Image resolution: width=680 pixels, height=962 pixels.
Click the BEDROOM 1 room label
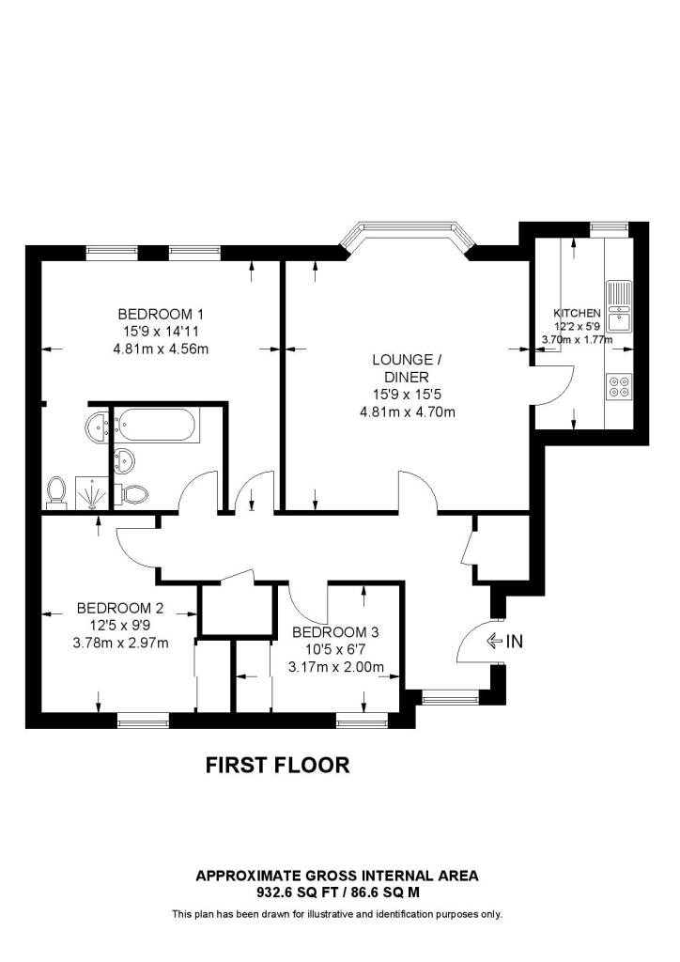pos(161,314)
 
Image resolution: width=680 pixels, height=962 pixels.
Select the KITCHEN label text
pos(576,313)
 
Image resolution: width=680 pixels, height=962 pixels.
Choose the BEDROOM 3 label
pos(335,632)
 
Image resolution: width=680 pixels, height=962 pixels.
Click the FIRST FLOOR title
pos(277,766)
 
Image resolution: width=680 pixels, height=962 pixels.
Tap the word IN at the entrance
pos(514,643)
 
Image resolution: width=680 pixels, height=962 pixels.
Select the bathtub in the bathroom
pos(157,428)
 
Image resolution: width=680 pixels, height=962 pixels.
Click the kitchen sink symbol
pos(619,306)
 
